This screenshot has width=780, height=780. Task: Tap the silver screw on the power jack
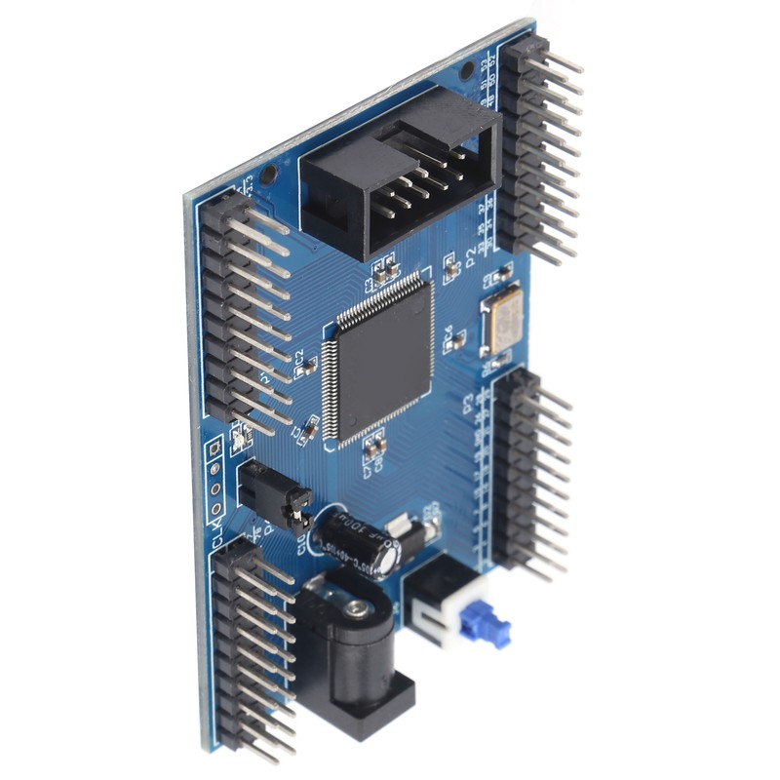[360, 610]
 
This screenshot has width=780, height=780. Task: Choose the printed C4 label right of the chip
[448, 336]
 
